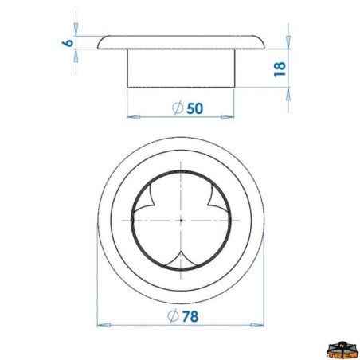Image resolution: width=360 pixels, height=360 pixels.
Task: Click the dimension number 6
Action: click(x=69, y=42)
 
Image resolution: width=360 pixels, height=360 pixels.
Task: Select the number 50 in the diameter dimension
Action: click(x=194, y=108)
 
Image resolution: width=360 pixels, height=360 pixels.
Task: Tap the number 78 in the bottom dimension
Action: click(x=190, y=315)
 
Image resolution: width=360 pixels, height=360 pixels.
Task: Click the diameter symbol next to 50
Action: click(x=178, y=108)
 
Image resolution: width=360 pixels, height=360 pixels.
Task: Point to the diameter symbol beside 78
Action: click(x=173, y=315)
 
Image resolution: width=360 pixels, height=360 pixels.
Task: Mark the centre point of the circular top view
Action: click(x=182, y=219)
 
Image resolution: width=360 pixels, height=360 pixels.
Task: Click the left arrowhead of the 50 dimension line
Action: click(x=131, y=117)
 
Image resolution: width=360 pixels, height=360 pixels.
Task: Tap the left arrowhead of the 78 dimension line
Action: click(x=101, y=325)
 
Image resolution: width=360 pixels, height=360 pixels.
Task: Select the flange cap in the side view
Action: click(x=181, y=41)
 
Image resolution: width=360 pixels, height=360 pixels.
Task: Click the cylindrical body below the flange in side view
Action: click(x=181, y=67)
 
